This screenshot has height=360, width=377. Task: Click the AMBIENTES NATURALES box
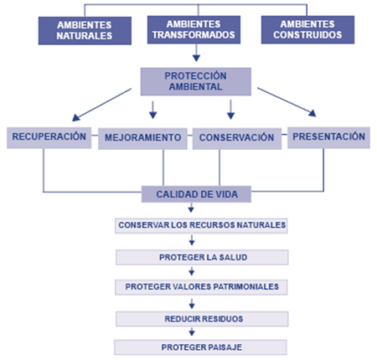[85, 31]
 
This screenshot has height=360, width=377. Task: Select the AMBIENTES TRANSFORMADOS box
[194, 29]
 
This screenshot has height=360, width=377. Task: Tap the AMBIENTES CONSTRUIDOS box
[307, 29]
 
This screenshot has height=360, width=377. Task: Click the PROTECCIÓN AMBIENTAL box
[196, 81]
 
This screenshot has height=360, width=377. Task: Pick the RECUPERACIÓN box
[49, 138]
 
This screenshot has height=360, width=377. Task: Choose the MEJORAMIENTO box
[142, 139]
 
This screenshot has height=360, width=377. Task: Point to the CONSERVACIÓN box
[237, 139]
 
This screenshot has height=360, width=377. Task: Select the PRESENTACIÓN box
[328, 137]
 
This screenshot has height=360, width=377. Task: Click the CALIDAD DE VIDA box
[196, 194]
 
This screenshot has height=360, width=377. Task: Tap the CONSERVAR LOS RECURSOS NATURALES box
[201, 226]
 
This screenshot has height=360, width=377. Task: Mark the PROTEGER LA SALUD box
[203, 257]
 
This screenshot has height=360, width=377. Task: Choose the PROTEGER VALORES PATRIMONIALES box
[201, 287]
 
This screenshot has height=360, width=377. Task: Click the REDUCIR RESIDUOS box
[203, 319]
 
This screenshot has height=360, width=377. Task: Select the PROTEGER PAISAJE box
[200, 347]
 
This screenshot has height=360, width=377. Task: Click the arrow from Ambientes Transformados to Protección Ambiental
[196, 53]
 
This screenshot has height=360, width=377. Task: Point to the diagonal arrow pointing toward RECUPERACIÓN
[101, 105]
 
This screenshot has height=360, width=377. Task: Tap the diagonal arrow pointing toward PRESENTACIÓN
[287, 102]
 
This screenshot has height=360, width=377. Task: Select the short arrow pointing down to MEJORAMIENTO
[152, 110]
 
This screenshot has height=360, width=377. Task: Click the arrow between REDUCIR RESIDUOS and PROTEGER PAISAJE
[192, 332]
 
